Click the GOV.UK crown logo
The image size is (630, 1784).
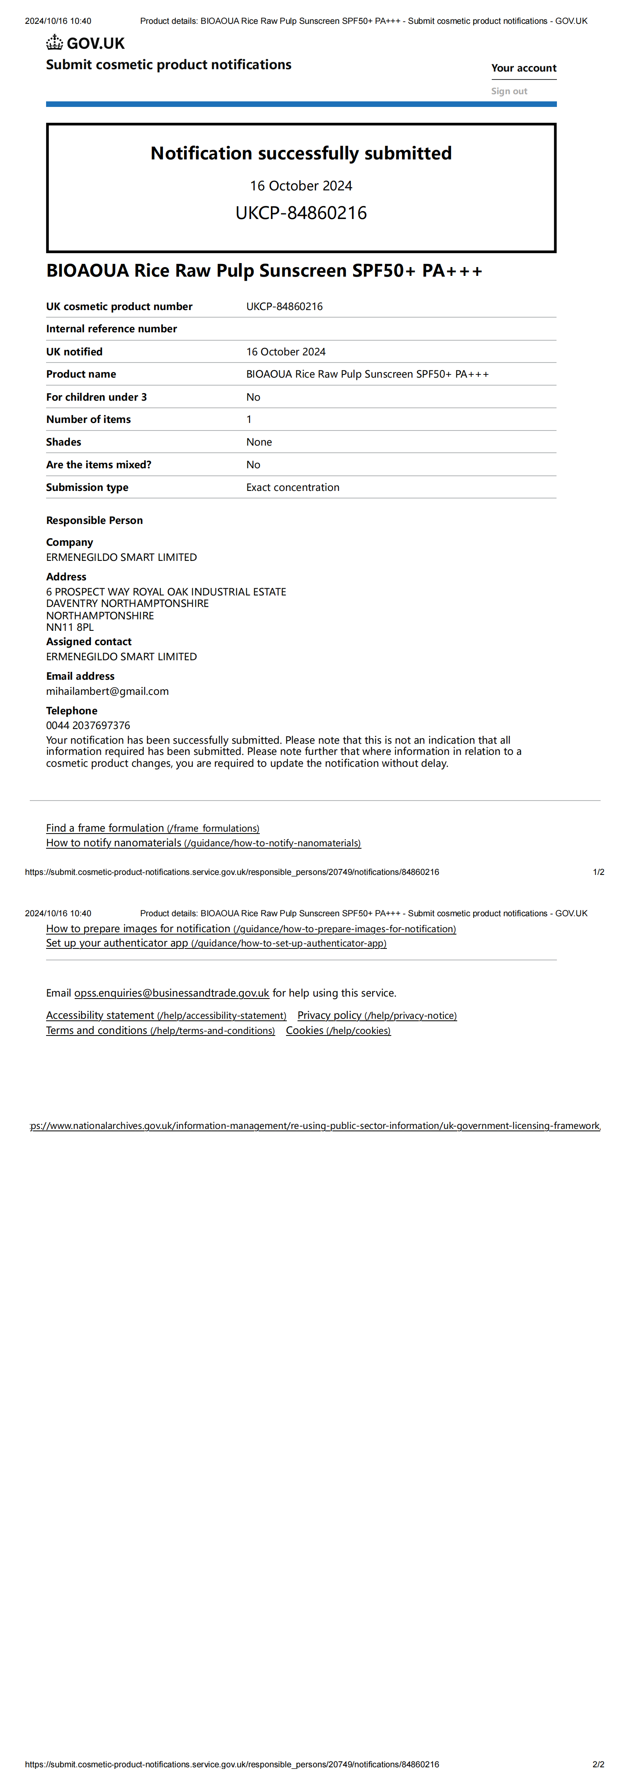pyautogui.click(x=55, y=43)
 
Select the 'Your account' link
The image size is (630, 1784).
pyautogui.click(x=524, y=68)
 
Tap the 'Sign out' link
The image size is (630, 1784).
pyautogui.click(x=509, y=91)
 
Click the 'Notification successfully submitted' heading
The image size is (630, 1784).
pyautogui.click(x=301, y=153)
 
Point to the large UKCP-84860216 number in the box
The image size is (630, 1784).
pyautogui.click(x=301, y=213)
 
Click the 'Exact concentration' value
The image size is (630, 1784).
pyautogui.click(x=293, y=487)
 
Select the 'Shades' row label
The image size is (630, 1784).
pyautogui.click(x=64, y=442)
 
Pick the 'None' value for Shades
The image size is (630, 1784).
pyautogui.click(x=259, y=442)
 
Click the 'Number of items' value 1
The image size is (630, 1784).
pyautogui.click(x=249, y=419)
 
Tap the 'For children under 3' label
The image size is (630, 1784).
pyautogui.click(x=96, y=397)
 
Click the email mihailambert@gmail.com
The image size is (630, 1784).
pyautogui.click(x=107, y=691)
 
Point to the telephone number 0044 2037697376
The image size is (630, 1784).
pyautogui.click(x=88, y=725)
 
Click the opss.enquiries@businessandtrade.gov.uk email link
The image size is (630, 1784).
pyautogui.click(x=172, y=993)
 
